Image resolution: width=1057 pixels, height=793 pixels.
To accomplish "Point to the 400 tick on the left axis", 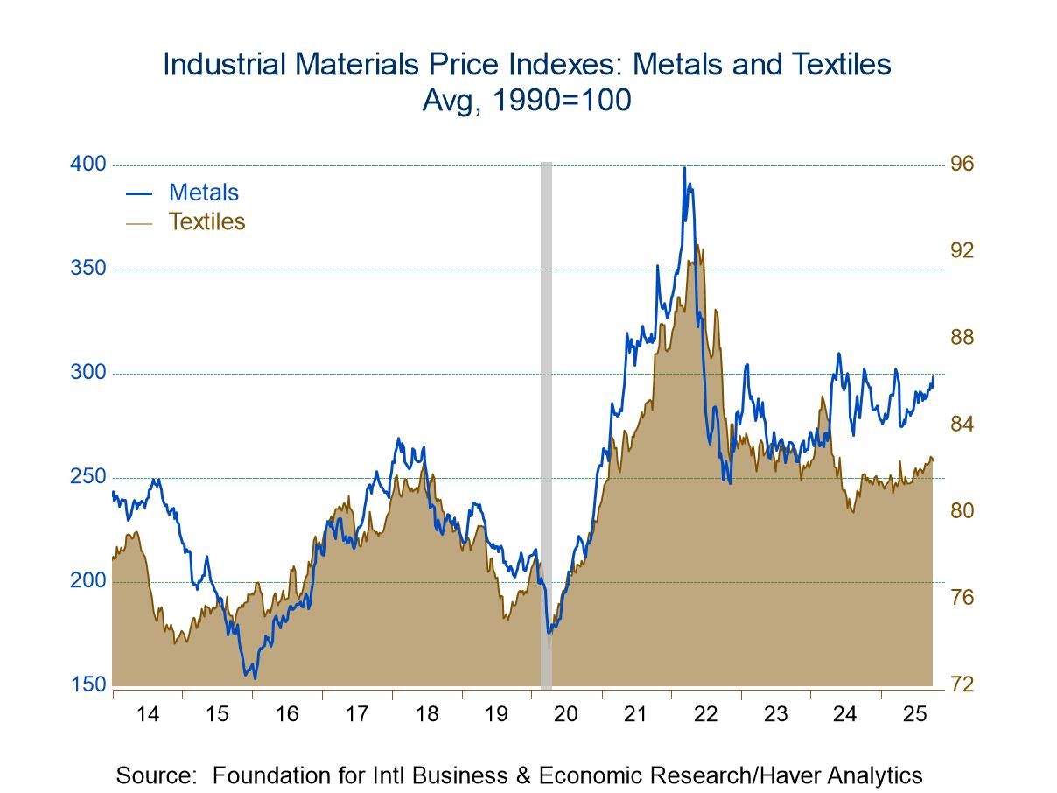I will (x=87, y=165).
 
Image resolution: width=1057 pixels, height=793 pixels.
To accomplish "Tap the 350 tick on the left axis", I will (x=87, y=269).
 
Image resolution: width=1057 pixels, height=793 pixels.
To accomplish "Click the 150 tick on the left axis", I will (x=87, y=685).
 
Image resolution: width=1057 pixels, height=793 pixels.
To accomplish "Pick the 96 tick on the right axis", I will (x=962, y=165).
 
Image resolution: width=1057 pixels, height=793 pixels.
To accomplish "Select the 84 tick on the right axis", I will (x=962, y=425).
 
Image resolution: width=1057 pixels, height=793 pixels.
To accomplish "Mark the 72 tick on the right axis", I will (x=962, y=685).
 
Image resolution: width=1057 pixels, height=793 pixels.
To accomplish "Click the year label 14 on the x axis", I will (x=148, y=714).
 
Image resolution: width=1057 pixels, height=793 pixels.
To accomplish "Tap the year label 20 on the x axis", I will (x=566, y=714).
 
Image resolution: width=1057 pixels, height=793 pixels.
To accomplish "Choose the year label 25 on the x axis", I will (x=914, y=714).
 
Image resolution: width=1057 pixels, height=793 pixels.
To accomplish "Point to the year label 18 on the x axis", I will (x=427, y=714).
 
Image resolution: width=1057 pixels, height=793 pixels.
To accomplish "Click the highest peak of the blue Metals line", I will (x=684, y=167).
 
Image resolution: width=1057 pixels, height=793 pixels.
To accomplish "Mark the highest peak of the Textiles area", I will (x=696, y=245).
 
